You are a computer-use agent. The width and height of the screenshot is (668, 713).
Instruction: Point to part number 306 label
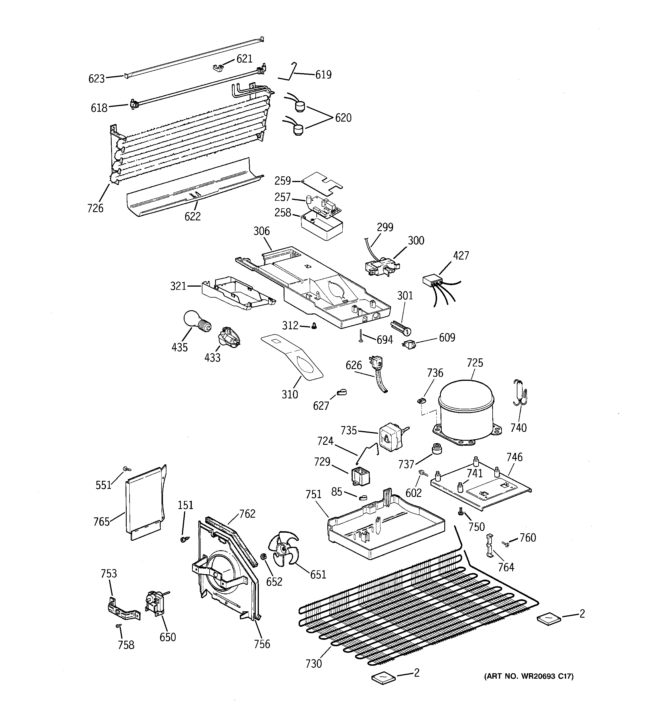[x=261, y=231]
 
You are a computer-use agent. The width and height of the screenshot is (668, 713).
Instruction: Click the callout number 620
[x=343, y=118]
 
